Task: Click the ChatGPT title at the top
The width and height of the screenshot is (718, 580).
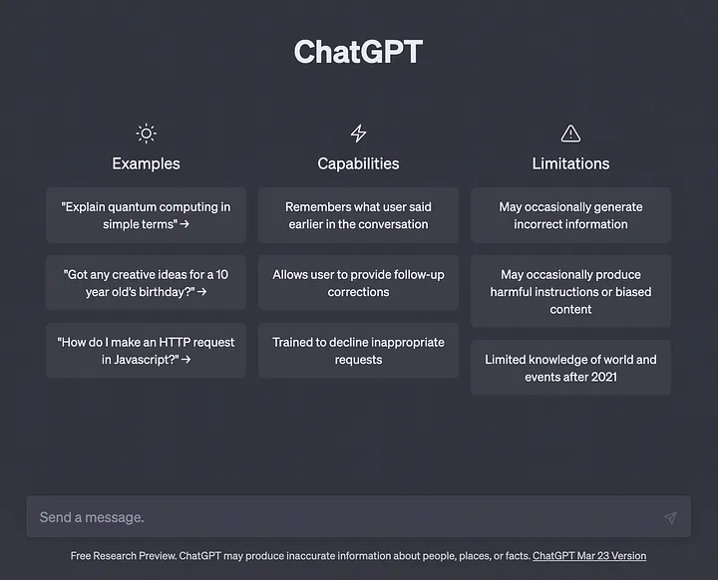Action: coord(358,52)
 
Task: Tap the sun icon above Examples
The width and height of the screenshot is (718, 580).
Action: coord(146,134)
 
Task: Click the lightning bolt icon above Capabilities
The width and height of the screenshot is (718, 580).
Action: coord(358,134)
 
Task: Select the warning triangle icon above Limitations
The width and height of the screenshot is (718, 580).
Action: coord(570,134)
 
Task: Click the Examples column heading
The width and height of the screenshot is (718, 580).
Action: coord(146,163)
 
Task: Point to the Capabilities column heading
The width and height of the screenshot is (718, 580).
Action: coord(358,163)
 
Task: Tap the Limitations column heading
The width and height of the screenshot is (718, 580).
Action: coord(570,163)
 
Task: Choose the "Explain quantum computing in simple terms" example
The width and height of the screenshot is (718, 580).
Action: coord(146,215)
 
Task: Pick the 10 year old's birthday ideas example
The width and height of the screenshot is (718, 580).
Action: coord(146,283)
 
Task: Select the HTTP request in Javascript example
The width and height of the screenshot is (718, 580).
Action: coord(146,351)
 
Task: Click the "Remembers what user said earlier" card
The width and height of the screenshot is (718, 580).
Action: coord(358,215)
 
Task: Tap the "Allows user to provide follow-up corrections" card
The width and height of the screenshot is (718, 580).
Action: coord(358,283)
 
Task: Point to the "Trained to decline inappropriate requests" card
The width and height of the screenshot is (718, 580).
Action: coord(358,351)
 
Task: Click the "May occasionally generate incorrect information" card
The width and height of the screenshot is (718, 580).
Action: coord(570,215)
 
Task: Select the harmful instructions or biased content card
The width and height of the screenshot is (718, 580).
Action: coord(570,292)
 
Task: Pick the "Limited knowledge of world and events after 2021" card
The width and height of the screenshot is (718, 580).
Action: coord(570,368)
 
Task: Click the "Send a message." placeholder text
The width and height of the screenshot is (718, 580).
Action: coord(92,517)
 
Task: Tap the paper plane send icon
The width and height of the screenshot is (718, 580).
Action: coord(670,517)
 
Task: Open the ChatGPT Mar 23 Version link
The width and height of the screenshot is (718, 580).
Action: coord(589,556)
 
